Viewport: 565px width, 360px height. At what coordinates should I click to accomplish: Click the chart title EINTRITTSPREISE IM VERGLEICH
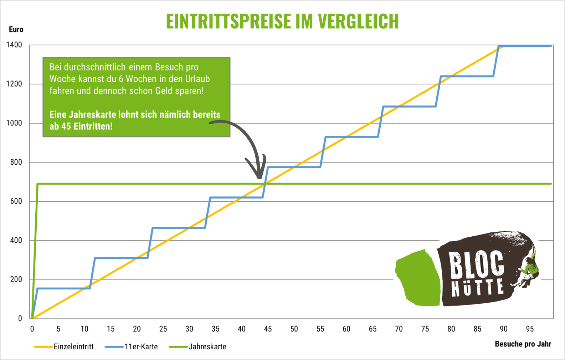pos(282,21)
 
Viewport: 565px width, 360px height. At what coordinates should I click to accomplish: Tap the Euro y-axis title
pos(16,30)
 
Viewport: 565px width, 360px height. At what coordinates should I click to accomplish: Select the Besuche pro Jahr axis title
pos(523,344)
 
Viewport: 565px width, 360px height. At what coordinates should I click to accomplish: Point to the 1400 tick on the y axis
pos(14,45)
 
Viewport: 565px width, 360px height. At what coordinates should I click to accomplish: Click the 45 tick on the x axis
pos(268,329)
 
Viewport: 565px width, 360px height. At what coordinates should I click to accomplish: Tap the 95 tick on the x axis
pos(530,329)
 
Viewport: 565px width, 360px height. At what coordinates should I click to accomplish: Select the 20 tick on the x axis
pos(137,329)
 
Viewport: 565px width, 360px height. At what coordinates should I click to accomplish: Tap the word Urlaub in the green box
pos(197,79)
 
